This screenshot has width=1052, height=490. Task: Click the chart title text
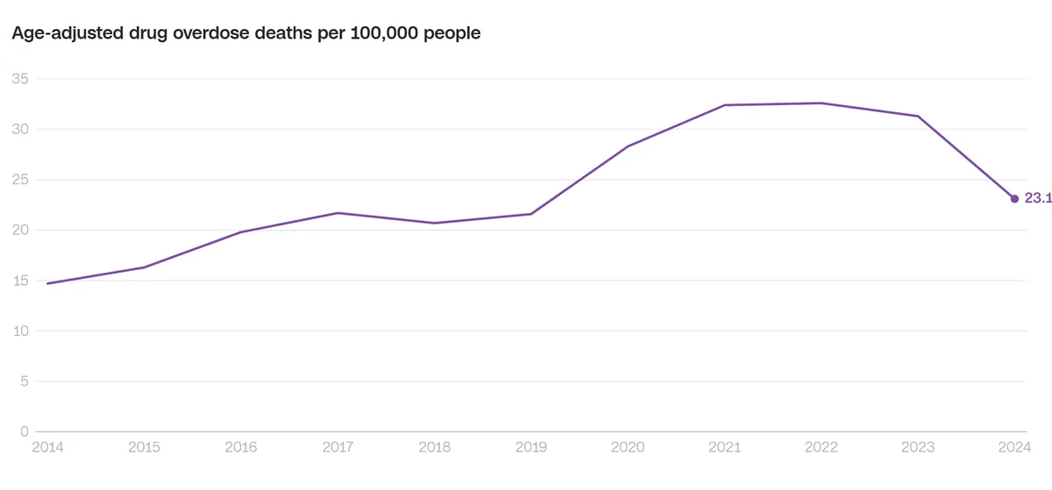pyautogui.click(x=245, y=34)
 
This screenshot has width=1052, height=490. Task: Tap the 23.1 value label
pyautogui.click(x=1037, y=199)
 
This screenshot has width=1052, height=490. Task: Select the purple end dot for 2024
pyautogui.click(x=1014, y=199)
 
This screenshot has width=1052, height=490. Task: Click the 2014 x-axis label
pyautogui.click(x=47, y=447)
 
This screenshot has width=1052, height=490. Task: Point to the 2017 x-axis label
pyautogui.click(x=338, y=447)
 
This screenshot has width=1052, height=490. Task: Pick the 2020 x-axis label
pyautogui.click(x=628, y=447)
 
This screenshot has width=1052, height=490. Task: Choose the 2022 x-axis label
pyautogui.click(x=821, y=447)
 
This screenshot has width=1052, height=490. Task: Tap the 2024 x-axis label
pyautogui.click(x=1014, y=447)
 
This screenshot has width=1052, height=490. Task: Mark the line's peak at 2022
pyautogui.click(x=821, y=103)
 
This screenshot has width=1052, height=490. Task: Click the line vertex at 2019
pyautogui.click(x=531, y=214)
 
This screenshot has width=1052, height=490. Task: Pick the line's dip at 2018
pyautogui.click(x=435, y=223)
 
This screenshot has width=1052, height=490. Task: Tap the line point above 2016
pyautogui.click(x=241, y=232)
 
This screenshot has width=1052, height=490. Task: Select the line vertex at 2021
pyautogui.click(x=725, y=105)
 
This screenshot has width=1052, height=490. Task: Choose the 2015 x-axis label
pyautogui.click(x=145, y=447)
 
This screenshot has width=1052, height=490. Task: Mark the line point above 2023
pyautogui.click(x=918, y=116)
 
